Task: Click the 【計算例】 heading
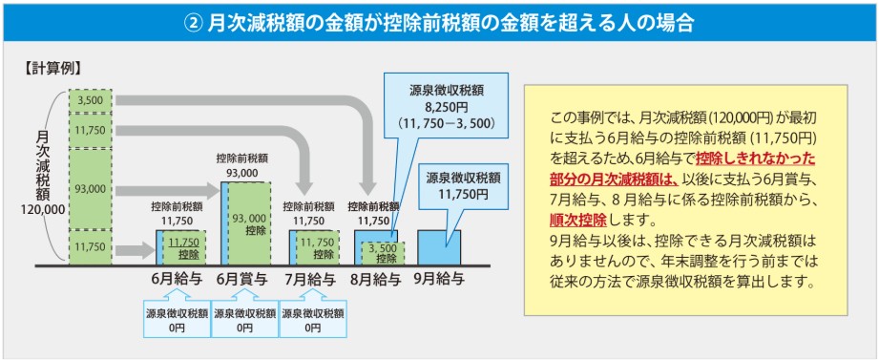(x=51, y=68)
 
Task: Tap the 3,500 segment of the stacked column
(x=92, y=99)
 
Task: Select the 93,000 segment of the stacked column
(x=92, y=188)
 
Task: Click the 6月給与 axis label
(x=175, y=280)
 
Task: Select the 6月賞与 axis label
(x=242, y=280)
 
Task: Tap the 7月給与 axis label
(x=310, y=280)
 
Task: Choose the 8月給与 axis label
(x=377, y=280)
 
